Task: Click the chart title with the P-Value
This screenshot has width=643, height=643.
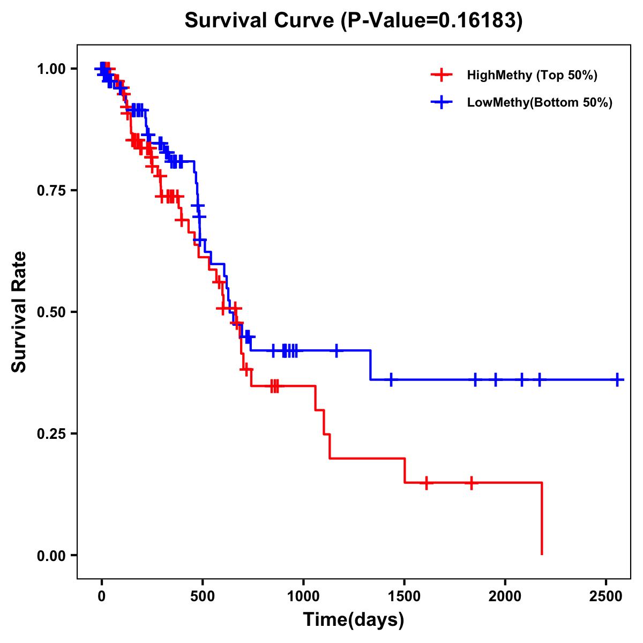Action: [354, 21]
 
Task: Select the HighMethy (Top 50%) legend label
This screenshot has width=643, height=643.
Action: [532, 75]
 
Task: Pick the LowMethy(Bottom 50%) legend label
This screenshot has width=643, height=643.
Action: [540, 103]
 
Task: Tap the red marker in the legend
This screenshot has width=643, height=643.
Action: [442, 75]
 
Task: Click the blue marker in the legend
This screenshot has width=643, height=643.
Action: [442, 103]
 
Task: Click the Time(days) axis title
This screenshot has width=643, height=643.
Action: [354, 620]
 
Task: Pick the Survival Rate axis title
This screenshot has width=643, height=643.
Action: [19, 311]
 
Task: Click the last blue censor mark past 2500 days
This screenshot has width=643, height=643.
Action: [618, 380]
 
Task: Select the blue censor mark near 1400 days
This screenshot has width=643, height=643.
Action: [391, 380]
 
